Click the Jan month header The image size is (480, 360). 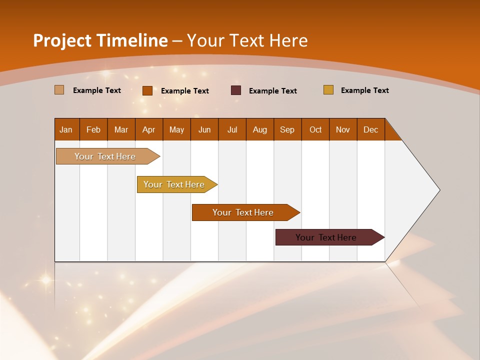click(66, 129)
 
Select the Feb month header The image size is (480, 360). click(93, 129)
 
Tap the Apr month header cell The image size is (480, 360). click(149, 129)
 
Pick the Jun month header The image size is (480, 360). click(204, 129)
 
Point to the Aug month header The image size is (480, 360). click(260, 129)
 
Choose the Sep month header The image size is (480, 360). click(287, 129)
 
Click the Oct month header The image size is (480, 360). click(315, 129)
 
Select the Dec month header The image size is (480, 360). click(371, 129)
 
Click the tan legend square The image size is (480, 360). click(59, 90)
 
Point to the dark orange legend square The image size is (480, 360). click(147, 90)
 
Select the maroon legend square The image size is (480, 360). click(236, 90)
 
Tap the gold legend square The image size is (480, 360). click(328, 90)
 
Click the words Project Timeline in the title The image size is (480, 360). click(100, 40)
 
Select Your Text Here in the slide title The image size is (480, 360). click(247, 40)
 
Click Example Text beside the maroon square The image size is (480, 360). click(273, 91)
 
